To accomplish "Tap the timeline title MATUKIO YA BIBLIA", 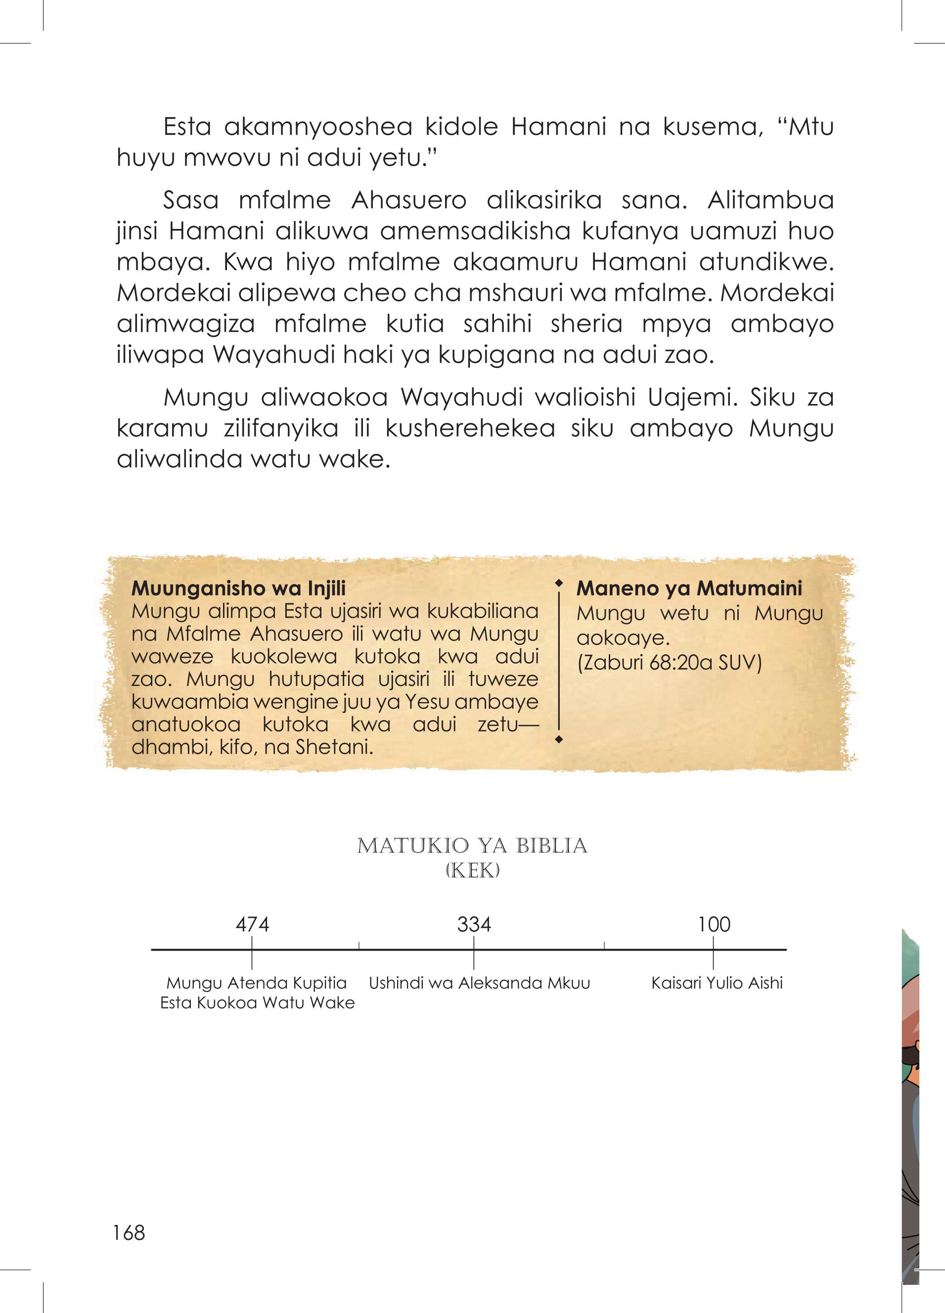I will pyautogui.click(x=473, y=846).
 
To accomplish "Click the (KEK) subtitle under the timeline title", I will pyautogui.click(x=473, y=871).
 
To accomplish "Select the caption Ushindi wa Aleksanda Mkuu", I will pyautogui.click(x=480, y=983).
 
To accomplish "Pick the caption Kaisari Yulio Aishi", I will pyautogui.click(x=717, y=983).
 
